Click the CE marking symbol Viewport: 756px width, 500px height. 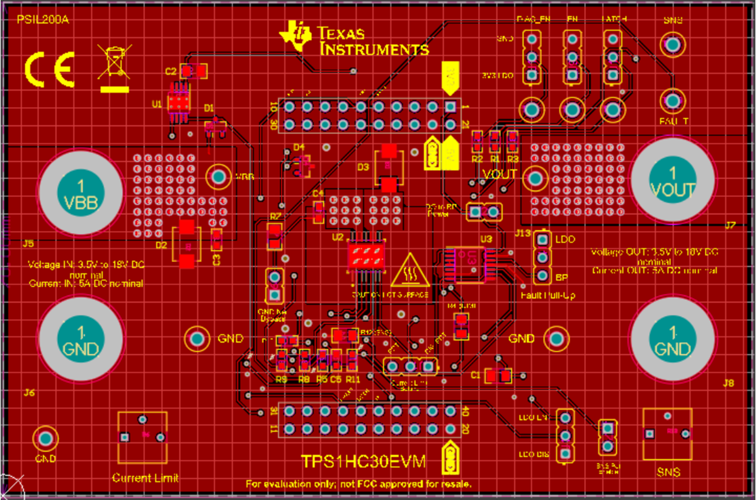coord(50,69)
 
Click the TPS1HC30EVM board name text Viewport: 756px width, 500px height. coord(363,462)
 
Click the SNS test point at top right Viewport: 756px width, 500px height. coord(672,45)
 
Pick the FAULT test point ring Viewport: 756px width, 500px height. coord(672,101)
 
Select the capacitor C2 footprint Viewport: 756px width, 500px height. coord(193,71)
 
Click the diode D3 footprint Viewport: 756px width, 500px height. coord(389,168)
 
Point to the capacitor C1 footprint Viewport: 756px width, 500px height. coord(499,376)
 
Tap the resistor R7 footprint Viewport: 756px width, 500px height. coord(275,236)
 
